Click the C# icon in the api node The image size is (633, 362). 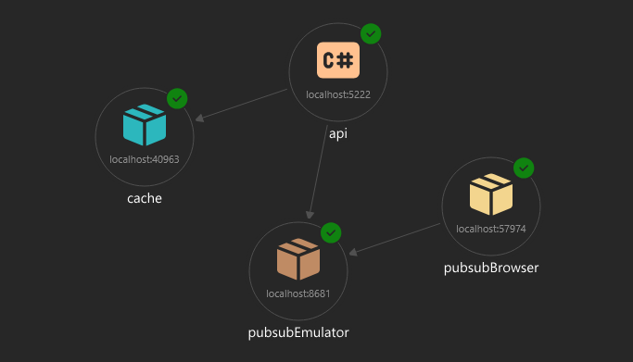tap(337, 61)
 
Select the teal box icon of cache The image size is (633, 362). tap(145, 126)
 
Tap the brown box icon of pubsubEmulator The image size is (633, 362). tap(298, 259)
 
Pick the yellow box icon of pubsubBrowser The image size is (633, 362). tap(490, 194)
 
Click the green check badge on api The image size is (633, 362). tap(371, 33)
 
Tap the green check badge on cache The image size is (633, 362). tap(177, 97)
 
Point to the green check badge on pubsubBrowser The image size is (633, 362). tap(524, 168)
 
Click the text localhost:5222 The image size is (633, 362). tap(337, 94)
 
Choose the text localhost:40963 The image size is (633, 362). tap(145, 159)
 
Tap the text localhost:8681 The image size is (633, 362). tap(298, 293)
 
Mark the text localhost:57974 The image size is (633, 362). tap(490, 228)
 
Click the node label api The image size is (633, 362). tap(338, 133)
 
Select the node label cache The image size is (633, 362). tap(145, 198)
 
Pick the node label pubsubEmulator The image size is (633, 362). tap(298, 331)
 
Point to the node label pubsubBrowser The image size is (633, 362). tap(491, 268)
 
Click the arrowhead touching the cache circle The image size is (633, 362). tap(200, 118)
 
